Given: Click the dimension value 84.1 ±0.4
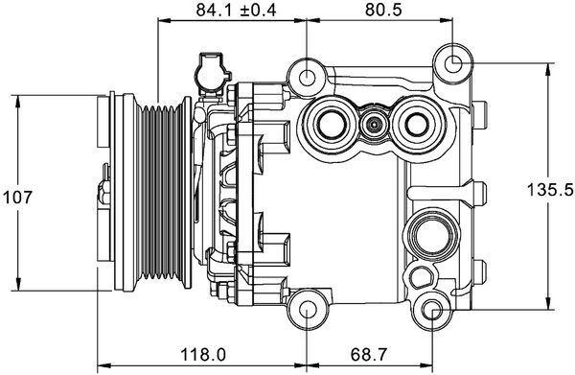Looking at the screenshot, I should [223, 12].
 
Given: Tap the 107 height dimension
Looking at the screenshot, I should [19, 196].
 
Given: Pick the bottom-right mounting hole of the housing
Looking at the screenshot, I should [434, 310].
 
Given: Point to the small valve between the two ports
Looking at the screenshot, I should [374, 122].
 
